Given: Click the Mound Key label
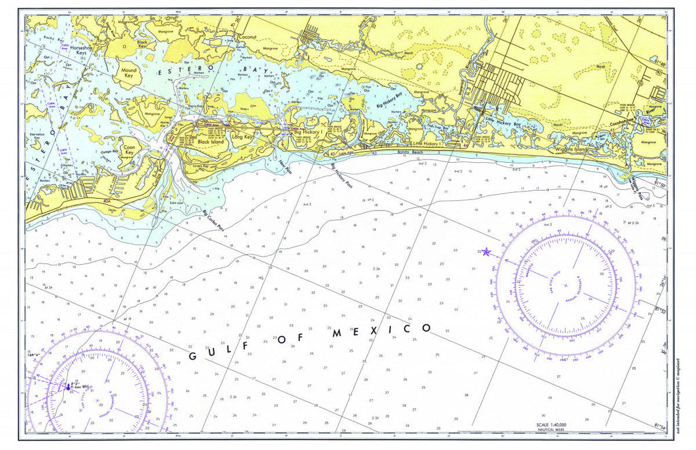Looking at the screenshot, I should click(128, 73).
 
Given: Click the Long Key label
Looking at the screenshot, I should click(242, 136).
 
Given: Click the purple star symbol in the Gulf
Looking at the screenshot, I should click(485, 252).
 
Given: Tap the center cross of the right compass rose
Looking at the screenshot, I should click(565, 284).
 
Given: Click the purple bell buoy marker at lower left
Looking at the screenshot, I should click(68, 388).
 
